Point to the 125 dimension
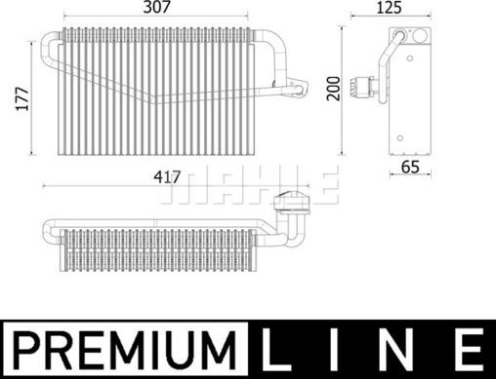coord(392,9)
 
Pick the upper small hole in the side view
coord(398,36)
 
